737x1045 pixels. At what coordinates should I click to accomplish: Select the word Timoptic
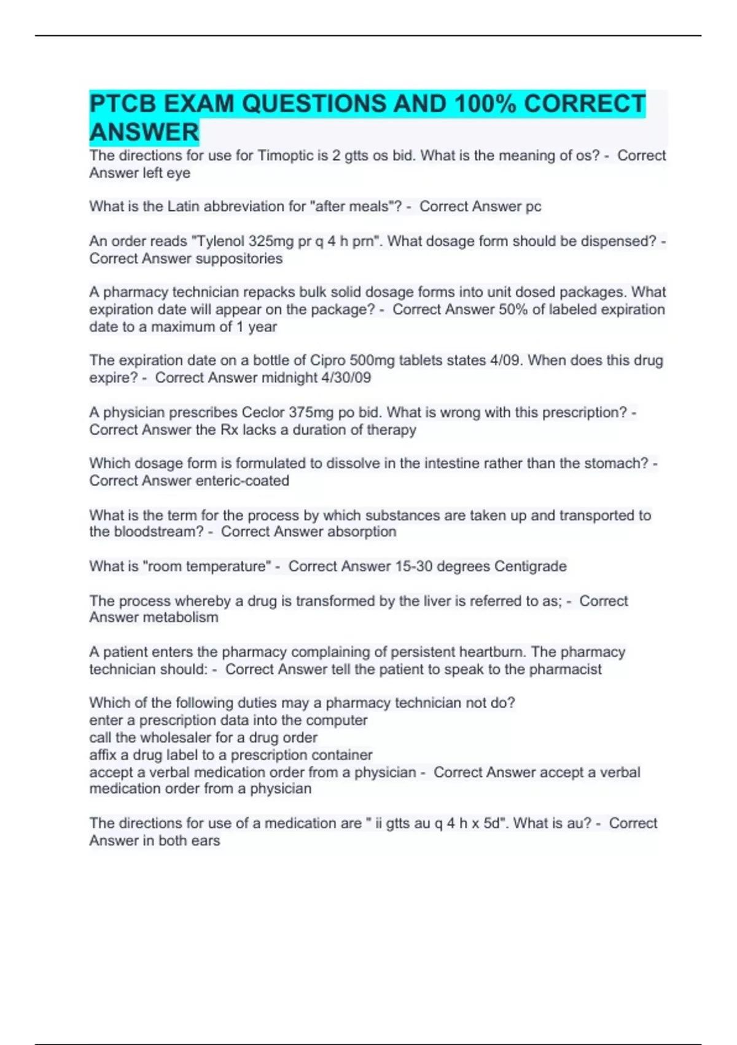[286, 156]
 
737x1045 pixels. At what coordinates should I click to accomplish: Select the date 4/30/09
[346, 377]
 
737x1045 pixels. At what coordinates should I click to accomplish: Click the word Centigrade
[530, 566]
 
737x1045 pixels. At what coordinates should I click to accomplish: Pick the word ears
[205, 840]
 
